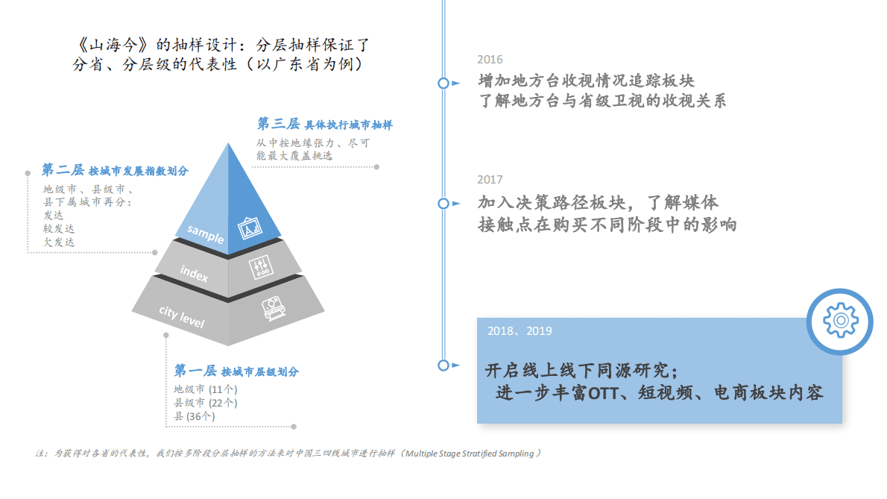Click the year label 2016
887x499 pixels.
point(490,60)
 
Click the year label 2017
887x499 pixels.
point(490,180)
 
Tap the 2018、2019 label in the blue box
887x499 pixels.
point(520,331)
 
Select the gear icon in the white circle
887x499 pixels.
point(839,321)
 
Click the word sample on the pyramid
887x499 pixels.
point(205,233)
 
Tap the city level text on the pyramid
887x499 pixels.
point(181,317)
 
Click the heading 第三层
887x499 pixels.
point(278,124)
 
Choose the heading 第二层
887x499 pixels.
point(63,170)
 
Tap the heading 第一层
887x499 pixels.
point(195,371)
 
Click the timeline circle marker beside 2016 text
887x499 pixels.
point(443,83)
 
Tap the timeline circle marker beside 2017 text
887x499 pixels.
point(443,203)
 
